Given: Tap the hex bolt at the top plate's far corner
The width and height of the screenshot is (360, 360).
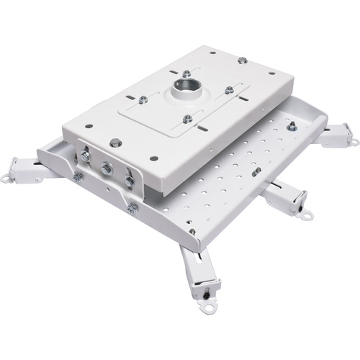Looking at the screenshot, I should coord(242,60).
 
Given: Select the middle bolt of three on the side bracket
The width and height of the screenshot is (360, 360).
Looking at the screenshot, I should coord(107,169).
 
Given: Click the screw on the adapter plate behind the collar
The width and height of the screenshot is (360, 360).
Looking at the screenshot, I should coord(186,73).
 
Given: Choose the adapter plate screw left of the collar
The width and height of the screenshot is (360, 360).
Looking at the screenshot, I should coord(143,99).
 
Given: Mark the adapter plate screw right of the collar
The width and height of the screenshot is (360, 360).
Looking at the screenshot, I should coord(229,90).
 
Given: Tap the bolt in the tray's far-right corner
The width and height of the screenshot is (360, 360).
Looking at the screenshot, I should coord(292,126).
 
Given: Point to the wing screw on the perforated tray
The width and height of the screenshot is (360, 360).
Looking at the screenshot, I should coord(256,171).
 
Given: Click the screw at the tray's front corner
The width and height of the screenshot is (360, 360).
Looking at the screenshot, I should coord(192,232).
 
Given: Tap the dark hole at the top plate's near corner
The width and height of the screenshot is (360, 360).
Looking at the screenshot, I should coord(152,157).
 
